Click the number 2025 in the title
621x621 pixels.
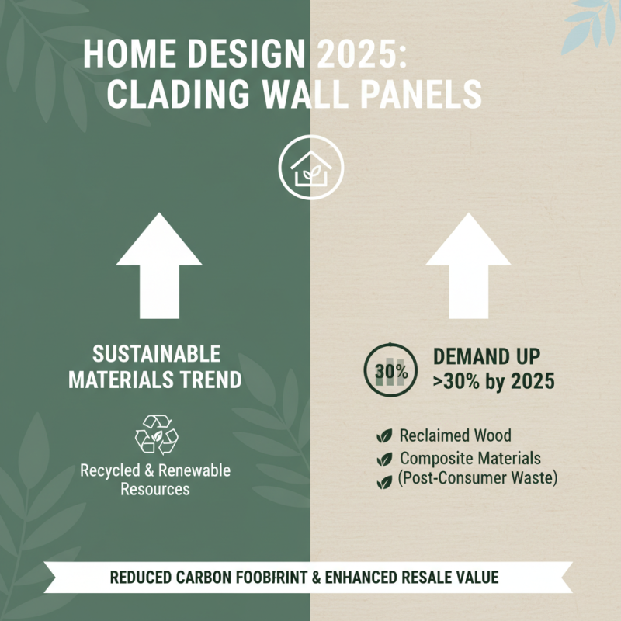[x=363, y=57]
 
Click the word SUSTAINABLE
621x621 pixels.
[x=156, y=356]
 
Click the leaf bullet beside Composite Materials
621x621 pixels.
[x=383, y=460]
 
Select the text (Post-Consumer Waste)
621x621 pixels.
[x=477, y=478]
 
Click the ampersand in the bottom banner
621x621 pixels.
[x=316, y=578]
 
